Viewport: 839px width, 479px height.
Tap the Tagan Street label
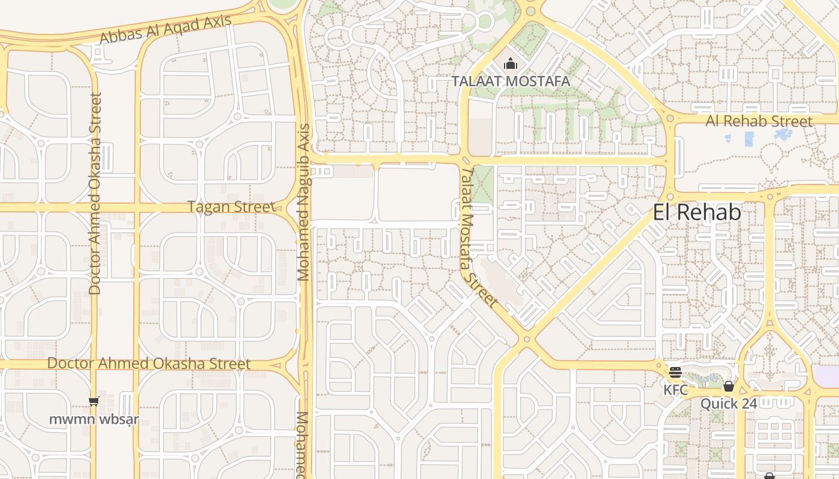(231, 207)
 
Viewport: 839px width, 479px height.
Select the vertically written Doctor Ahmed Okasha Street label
(95, 193)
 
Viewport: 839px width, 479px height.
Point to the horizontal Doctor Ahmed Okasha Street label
(149, 363)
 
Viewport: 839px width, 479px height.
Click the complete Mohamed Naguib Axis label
(304, 202)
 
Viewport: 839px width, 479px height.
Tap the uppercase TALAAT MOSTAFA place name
(510, 81)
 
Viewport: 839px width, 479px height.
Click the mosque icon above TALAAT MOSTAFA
(511, 63)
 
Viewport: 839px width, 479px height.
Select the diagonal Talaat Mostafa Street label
(479, 237)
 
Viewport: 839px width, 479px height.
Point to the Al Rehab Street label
(759, 121)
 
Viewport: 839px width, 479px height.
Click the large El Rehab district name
(696, 212)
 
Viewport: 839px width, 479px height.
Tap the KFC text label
(675, 390)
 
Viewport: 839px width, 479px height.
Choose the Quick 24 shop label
(729, 404)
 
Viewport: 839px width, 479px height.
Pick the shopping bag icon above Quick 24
(729, 386)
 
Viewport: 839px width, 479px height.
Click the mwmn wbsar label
(93, 419)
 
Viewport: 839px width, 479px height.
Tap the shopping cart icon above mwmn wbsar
(93, 402)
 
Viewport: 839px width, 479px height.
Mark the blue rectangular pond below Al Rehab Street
(749, 139)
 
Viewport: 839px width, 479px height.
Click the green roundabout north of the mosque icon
(530, 11)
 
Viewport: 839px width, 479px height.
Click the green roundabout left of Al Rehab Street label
(670, 119)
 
